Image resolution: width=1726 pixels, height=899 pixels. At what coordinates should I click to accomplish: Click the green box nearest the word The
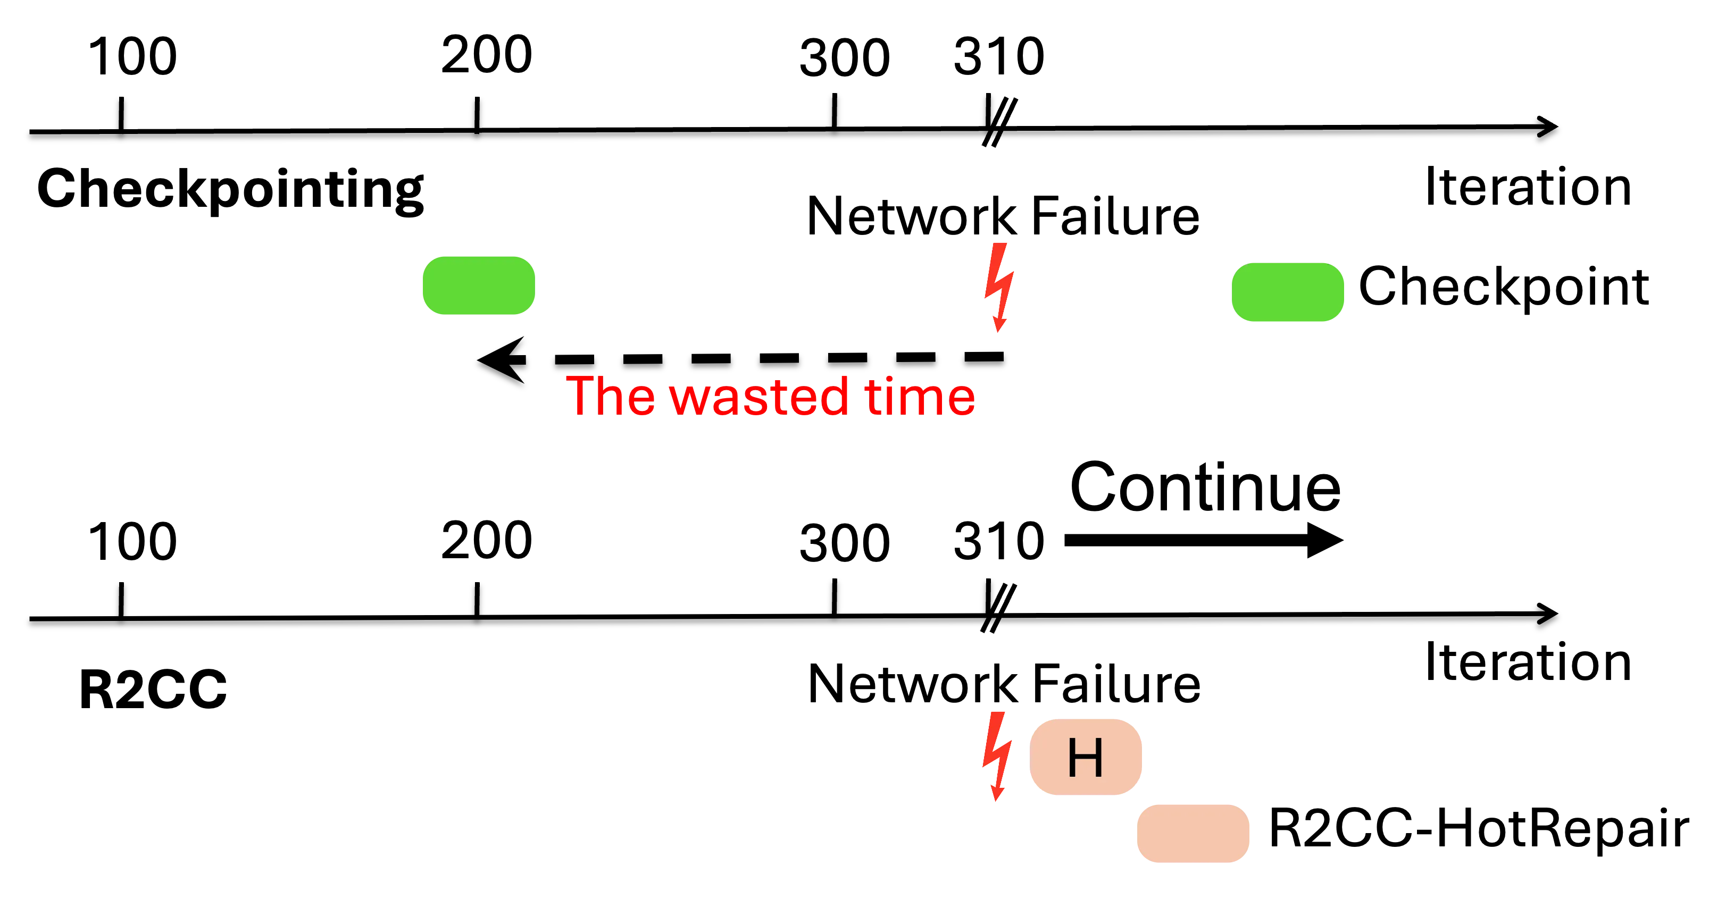coord(478,285)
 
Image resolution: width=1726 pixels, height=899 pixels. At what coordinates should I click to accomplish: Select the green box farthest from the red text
coord(1287,291)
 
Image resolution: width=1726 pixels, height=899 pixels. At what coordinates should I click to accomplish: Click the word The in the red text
coord(611,396)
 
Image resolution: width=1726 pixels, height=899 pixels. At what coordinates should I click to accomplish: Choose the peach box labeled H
coord(1086,757)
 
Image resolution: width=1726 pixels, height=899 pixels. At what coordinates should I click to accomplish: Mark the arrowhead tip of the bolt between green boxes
coord(998,331)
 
